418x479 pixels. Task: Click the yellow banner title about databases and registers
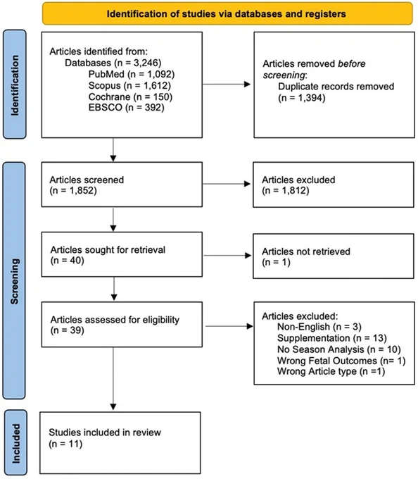(x=226, y=14)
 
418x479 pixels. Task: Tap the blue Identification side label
(x=15, y=85)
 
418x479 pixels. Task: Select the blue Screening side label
(x=15, y=281)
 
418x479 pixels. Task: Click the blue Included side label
(x=15, y=443)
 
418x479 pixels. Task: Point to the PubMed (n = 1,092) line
(x=132, y=74)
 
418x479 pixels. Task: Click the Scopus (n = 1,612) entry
(x=129, y=85)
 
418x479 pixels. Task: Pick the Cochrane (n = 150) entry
(x=130, y=97)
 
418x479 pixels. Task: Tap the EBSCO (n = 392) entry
(x=127, y=107)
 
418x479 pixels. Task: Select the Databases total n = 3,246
(x=113, y=63)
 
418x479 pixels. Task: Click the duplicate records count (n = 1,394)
(x=301, y=98)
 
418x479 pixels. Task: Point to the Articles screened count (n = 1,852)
(x=73, y=191)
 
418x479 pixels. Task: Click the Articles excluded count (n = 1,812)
(x=285, y=191)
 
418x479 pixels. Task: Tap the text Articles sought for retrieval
(x=108, y=249)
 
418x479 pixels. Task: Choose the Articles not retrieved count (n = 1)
(x=276, y=262)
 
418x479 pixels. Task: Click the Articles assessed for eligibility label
(x=115, y=320)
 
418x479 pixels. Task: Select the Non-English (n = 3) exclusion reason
(x=319, y=327)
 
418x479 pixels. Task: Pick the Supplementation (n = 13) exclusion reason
(x=332, y=338)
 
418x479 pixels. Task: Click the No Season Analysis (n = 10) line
(x=338, y=349)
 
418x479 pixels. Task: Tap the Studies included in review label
(x=105, y=433)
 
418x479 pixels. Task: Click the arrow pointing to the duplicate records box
(x=227, y=85)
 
